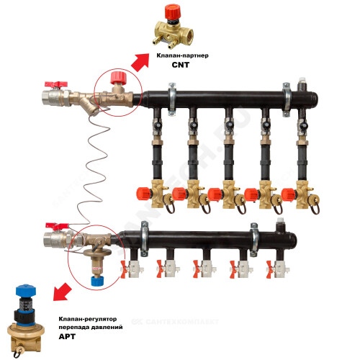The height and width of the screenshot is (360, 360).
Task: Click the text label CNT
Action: [181, 65]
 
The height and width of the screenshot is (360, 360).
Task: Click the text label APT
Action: [67, 336]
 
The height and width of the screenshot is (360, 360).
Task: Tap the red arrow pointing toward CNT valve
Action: [140, 62]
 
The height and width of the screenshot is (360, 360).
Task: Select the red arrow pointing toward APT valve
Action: [62, 292]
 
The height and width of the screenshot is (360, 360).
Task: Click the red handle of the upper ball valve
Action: [56, 84]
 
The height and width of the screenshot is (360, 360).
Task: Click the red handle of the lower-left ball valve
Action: [57, 226]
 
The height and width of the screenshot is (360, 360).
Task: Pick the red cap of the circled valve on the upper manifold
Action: [118, 78]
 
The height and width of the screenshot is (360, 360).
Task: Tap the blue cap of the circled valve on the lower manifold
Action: [97, 281]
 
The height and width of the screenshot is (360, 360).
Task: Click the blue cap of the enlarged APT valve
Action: [26, 291]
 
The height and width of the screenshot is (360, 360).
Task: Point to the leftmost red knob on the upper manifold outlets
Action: [143, 194]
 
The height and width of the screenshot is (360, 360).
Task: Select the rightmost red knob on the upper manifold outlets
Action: [289, 194]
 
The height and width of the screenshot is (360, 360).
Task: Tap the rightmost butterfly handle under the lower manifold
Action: [269, 269]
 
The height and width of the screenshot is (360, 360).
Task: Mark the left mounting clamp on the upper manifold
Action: [172, 99]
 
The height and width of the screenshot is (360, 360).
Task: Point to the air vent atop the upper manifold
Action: [302, 84]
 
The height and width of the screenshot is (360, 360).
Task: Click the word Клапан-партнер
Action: [182, 55]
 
